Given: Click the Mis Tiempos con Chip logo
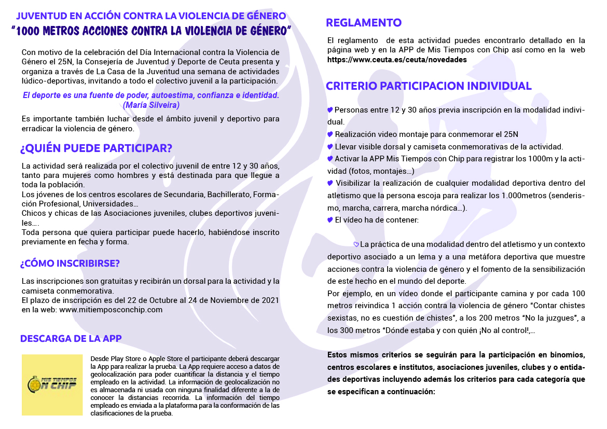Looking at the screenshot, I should (52, 384).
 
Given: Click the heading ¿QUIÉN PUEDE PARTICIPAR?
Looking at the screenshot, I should (96, 148).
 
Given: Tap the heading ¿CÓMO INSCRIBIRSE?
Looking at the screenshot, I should (70, 263).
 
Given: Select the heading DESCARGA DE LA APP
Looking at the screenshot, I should (71, 339).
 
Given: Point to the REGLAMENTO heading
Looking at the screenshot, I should (364, 22).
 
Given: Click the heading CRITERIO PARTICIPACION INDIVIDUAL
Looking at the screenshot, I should (429, 86).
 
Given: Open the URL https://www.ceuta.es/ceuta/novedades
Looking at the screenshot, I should (397, 60).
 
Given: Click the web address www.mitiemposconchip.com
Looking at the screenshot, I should (111, 310).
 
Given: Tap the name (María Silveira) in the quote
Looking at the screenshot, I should (151, 105).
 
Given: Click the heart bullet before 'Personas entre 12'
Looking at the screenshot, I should (330, 110).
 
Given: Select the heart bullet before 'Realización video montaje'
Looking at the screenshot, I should (330, 134).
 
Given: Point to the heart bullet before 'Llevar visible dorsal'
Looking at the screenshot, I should (330, 147).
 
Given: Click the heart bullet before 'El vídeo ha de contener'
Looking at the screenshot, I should (330, 220).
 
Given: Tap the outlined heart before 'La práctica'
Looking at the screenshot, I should (356, 244).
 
